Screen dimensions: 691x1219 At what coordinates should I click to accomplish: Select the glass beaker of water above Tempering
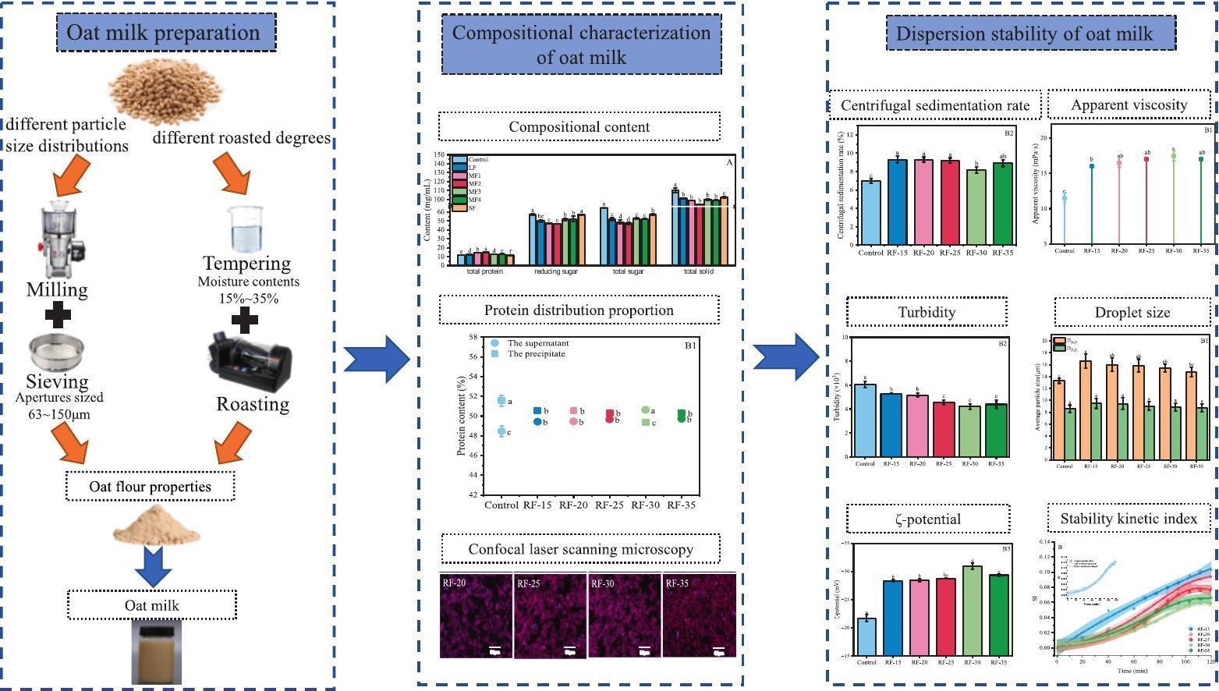[246, 228]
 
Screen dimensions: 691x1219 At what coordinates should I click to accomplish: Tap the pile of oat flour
[157, 525]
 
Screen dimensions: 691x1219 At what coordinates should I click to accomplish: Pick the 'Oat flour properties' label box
[150, 487]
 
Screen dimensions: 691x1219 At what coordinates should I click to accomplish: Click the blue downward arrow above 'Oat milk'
[154, 565]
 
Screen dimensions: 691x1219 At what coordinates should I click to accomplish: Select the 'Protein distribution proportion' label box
[579, 310]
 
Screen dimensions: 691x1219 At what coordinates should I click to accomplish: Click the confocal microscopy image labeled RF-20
[476, 615]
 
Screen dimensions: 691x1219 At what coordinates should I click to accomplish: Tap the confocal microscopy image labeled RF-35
[699, 615]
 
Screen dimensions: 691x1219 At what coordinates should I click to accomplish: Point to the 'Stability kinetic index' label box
[1128, 519]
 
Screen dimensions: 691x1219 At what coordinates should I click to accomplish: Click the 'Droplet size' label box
[1132, 312]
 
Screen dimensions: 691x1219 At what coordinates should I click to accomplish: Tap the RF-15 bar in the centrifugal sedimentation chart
[898, 202]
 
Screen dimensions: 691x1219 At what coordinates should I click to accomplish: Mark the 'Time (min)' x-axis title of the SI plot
[1134, 670]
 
